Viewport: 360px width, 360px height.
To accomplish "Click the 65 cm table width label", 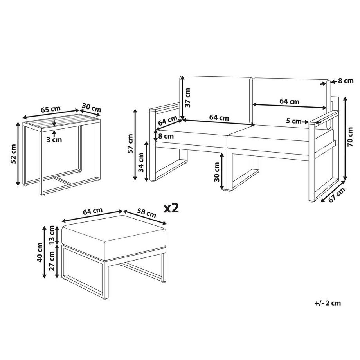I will (51, 109).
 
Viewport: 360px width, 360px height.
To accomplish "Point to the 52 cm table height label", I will (13, 154).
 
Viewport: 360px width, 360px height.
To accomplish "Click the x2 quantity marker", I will (171, 208).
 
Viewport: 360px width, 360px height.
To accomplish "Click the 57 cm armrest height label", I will (130, 144).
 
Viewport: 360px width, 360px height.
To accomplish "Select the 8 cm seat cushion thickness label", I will (166, 136).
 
